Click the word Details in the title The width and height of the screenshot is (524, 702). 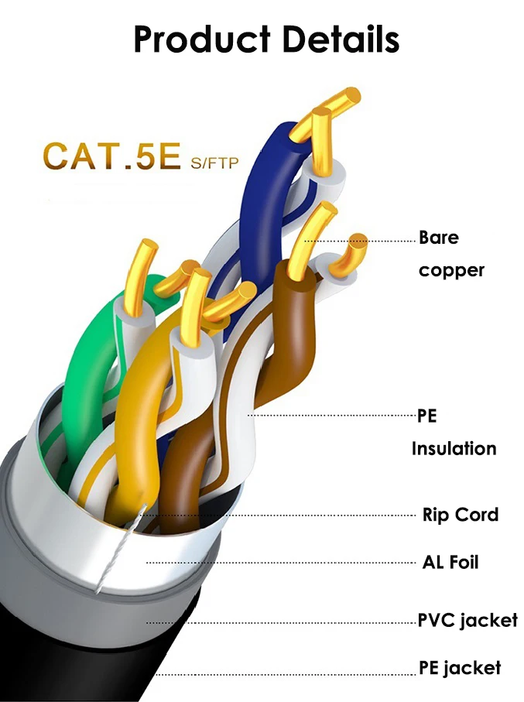(338, 39)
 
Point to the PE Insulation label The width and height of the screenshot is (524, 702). (454, 432)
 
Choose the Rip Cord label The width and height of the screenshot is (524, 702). (460, 515)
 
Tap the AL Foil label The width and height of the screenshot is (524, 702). (450, 562)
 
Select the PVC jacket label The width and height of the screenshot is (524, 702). (467, 620)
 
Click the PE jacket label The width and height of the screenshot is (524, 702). (460, 667)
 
